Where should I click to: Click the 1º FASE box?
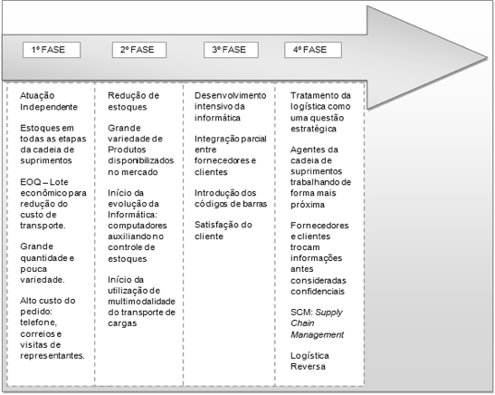click(x=52, y=50)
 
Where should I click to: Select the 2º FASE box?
click(x=139, y=50)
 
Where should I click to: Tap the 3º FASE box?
click(x=231, y=50)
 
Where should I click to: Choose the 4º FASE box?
click(x=313, y=50)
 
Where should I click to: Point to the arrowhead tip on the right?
click(x=488, y=58)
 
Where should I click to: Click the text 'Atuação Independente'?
click(x=49, y=101)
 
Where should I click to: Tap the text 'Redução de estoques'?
click(x=134, y=101)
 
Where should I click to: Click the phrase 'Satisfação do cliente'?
click(x=224, y=230)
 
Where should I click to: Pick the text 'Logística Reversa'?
click(x=309, y=361)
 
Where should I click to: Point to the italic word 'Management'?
click(x=317, y=334)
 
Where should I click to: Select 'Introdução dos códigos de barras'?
click(x=231, y=198)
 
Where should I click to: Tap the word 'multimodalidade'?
click(x=141, y=302)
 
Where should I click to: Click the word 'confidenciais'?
click(x=318, y=292)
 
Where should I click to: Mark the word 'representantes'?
click(x=52, y=356)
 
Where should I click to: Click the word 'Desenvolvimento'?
click(x=231, y=95)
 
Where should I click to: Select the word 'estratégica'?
click(x=313, y=130)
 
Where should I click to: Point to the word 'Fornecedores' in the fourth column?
click(x=319, y=226)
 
